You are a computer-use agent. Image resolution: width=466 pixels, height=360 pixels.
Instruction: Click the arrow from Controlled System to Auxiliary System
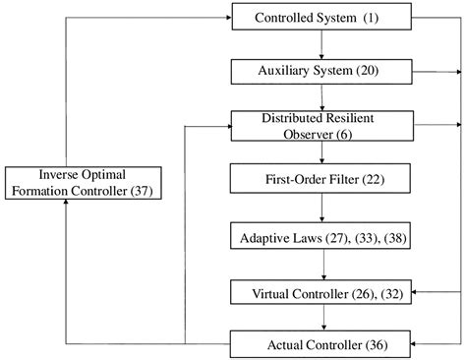pos(321,45)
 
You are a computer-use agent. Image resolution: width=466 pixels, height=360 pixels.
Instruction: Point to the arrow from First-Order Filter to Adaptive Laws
pos(321,209)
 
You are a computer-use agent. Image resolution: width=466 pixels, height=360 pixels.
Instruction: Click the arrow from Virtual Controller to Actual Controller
pos(321,319)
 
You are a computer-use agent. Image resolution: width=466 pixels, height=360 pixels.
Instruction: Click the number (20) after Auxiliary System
pos(377,72)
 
